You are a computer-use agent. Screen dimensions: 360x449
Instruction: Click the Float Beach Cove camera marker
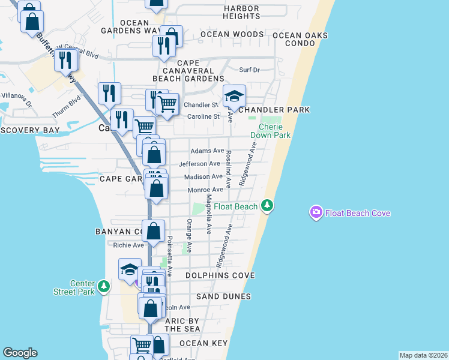pos(316,212)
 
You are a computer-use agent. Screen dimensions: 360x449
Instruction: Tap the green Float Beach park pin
pos(267,206)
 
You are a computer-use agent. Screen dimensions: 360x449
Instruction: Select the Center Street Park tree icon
pos(104,287)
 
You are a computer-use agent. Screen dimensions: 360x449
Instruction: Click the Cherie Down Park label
pos(274,131)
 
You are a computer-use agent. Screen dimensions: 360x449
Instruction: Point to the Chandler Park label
pos(274,110)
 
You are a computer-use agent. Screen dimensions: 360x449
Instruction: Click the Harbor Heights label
pos(241,13)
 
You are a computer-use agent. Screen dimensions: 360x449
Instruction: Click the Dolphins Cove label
pos(220,275)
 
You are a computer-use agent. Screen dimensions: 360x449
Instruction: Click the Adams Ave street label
pos(207,151)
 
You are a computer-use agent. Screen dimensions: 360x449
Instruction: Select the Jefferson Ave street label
pos(199,164)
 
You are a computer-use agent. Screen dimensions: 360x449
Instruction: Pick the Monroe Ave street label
pos(205,190)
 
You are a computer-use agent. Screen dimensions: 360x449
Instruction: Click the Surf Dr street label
pos(249,70)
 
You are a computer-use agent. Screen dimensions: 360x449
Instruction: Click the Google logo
pos(20,353)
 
